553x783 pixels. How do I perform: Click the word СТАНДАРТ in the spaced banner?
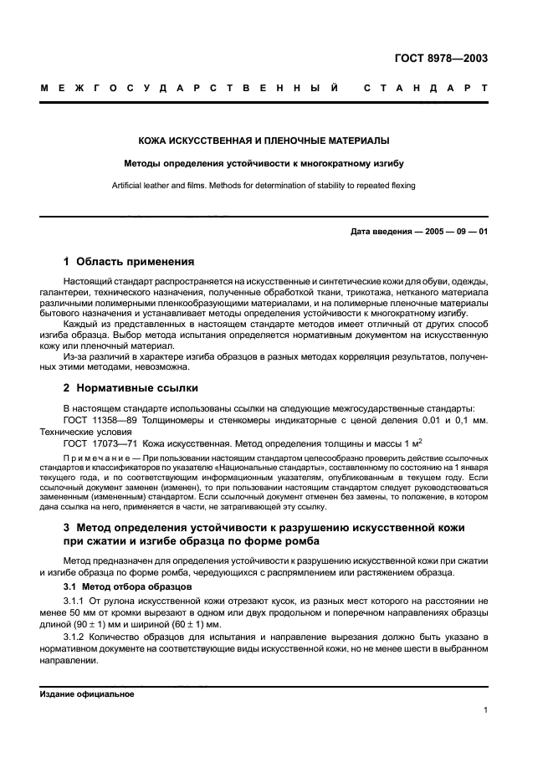click(427, 87)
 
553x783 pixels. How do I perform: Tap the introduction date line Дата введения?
click(418, 232)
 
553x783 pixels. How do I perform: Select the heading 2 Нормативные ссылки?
click(131, 388)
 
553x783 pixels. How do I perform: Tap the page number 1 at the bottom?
click(485, 710)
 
